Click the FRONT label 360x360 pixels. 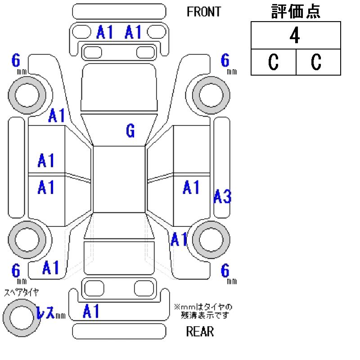click(204, 12)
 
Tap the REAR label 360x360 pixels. click(200, 332)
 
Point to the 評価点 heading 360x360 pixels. click(296, 12)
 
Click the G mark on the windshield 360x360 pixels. click(130, 131)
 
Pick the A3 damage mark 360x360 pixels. click(222, 197)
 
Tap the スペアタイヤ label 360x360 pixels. click(21, 292)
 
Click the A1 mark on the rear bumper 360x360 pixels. click(91, 311)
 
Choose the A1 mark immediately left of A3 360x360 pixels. click(191, 187)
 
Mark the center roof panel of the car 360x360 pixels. click(119, 179)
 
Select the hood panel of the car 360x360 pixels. click(119, 88)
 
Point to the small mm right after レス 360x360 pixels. click(60, 316)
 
